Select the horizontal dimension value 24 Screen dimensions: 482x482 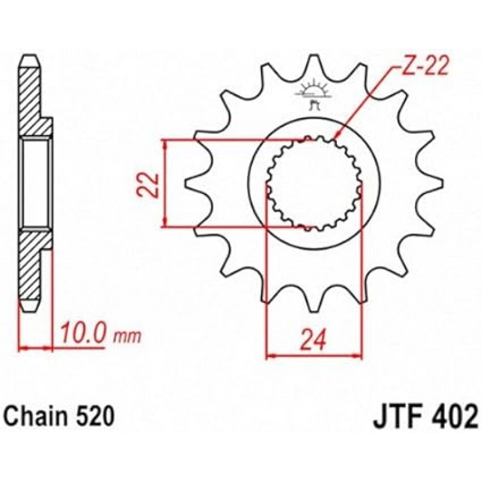tap(313, 340)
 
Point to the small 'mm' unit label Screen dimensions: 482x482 tap(128, 337)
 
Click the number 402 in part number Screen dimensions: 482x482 tap(454, 416)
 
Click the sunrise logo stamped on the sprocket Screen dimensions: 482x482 tap(313, 92)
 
